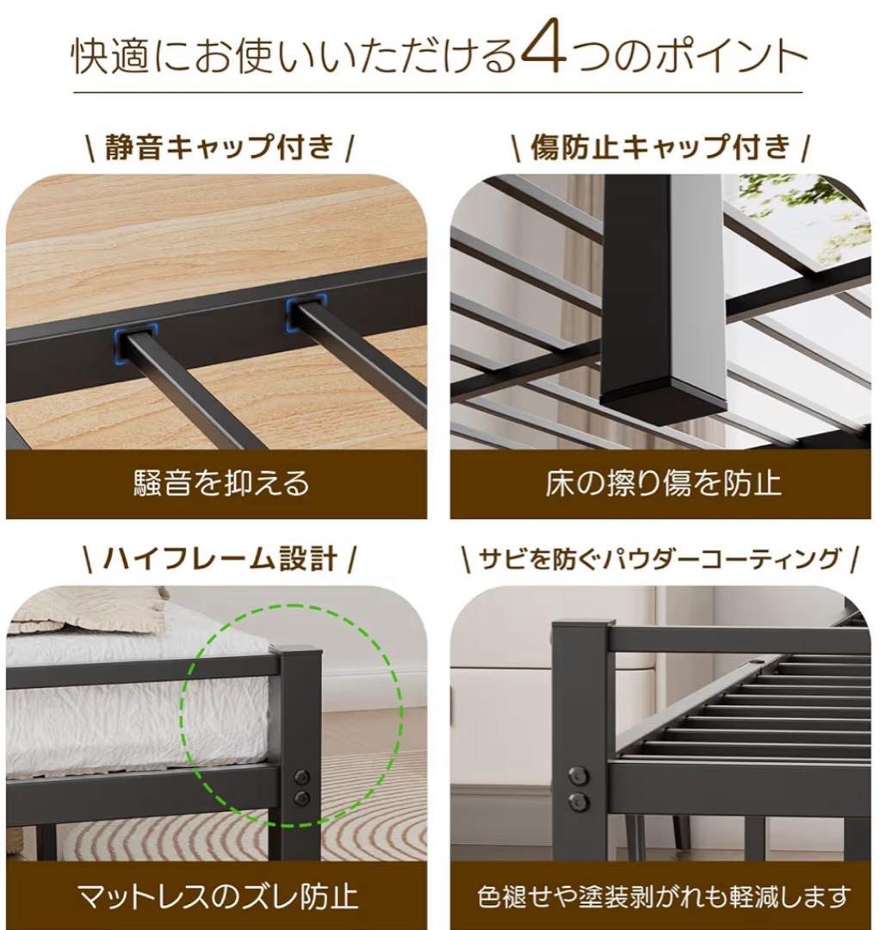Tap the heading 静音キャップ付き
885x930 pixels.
[x=219, y=147]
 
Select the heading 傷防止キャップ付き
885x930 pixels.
[x=660, y=147]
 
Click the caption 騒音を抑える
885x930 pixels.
[x=220, y=483]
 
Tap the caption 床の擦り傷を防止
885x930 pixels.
[x=662, y=483]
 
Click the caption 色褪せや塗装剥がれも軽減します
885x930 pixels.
[x=664, y=896]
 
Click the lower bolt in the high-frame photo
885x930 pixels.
[x=301, y=799]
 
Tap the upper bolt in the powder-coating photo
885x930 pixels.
[x=579, y=775]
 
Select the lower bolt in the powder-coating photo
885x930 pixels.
[x=579, y=802]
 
